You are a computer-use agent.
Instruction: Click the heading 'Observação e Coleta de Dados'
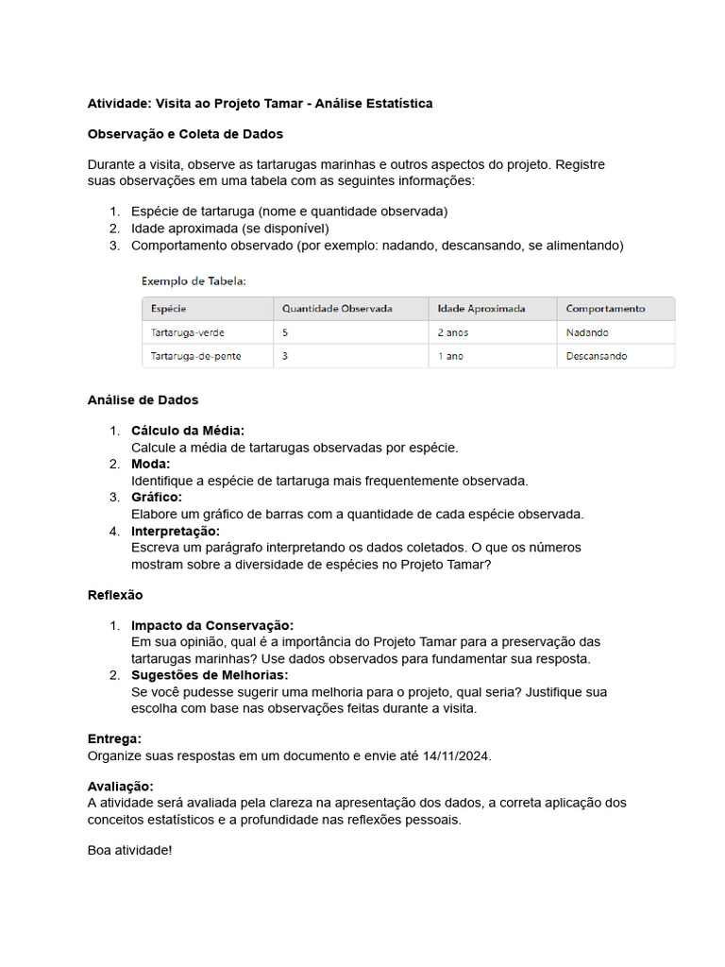tap(185, 134)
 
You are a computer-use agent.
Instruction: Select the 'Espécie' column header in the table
tap(168, 309)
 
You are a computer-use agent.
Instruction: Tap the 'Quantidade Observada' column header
tap(337, 309)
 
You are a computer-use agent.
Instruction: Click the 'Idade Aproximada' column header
tap(481, 309)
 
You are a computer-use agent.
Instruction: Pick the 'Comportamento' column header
tap(605, 309)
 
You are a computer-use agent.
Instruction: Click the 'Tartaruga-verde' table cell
tap(188, 332)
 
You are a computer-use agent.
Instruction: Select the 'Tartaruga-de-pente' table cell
tap(196, 356)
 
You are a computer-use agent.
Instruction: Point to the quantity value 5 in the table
tap(285, 332)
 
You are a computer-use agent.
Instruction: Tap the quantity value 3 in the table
tap(285, 356)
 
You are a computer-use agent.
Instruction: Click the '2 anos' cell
tap(453, 332)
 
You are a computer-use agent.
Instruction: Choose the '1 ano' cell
tap(450, 356)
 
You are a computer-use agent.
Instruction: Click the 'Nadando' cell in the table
tap(587, 332)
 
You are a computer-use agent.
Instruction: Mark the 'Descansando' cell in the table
tap(597, 356)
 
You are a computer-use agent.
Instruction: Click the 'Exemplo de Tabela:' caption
tap(194, 280)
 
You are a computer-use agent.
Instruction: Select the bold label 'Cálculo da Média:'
tap(188, 431)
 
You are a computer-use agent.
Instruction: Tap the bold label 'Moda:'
tap(151, 464)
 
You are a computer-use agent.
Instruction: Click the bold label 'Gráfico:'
tap(157, 497)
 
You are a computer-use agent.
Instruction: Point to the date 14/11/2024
tap(457, 756)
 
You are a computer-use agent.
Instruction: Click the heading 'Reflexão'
tap(115, 595)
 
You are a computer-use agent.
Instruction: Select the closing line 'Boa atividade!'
tap(130, 850)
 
